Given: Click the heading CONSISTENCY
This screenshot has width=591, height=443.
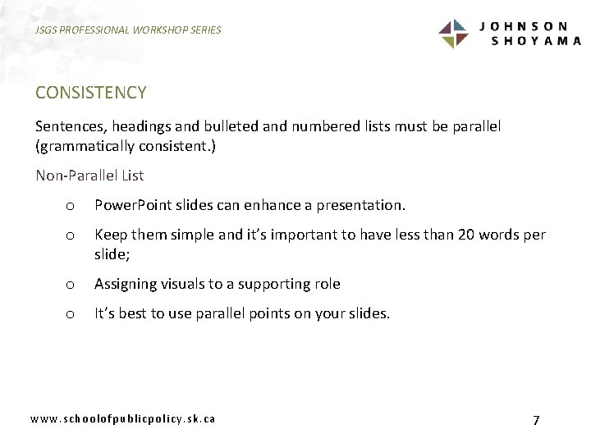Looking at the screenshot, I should [90, 93].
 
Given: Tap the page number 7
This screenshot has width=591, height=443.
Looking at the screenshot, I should [536, 420].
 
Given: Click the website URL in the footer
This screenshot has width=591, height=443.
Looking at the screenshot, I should [123, 418].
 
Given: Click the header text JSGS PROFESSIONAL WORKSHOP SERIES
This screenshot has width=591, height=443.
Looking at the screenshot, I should [129, 30].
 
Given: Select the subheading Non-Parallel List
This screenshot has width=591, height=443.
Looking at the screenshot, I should [89, 175].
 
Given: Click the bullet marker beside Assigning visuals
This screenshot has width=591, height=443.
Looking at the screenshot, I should [71, 285].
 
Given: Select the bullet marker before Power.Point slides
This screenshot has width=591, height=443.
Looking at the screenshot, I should [71, 205].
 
